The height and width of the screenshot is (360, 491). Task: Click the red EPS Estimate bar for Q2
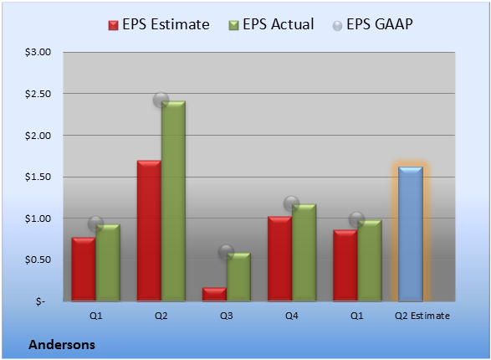click(149, 230)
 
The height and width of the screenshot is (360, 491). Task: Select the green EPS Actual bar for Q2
click(173, 201)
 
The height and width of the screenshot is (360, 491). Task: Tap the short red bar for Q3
click(214, 294)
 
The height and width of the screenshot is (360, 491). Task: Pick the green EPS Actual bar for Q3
click(238, 276)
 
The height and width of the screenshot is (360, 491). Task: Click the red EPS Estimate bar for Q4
click(279, 259)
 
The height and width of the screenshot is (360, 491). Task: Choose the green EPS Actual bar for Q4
click(304, 253)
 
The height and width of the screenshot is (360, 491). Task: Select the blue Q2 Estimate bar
click(411, 234)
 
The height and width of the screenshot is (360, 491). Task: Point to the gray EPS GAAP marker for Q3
click(226, 252)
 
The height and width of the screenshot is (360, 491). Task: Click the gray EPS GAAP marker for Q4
click(292, 203)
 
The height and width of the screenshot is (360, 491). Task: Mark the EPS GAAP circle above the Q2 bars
click(161, 100)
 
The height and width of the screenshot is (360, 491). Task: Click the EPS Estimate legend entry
click(159, 24)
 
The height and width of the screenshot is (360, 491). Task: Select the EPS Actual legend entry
click(271, 24)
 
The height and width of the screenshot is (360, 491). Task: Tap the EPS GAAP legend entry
click(372, 24)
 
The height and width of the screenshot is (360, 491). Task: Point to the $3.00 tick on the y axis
click(38, 52)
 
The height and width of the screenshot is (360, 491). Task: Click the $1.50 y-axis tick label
click(38, 177)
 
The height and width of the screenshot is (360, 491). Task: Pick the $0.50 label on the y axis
click(38, 260)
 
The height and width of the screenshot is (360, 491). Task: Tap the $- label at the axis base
click(41, 301)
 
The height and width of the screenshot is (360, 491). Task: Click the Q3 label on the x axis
click(227, 316)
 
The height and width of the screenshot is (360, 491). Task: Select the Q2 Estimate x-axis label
click(422, 316)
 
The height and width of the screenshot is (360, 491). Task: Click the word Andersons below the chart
click(62, 345)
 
